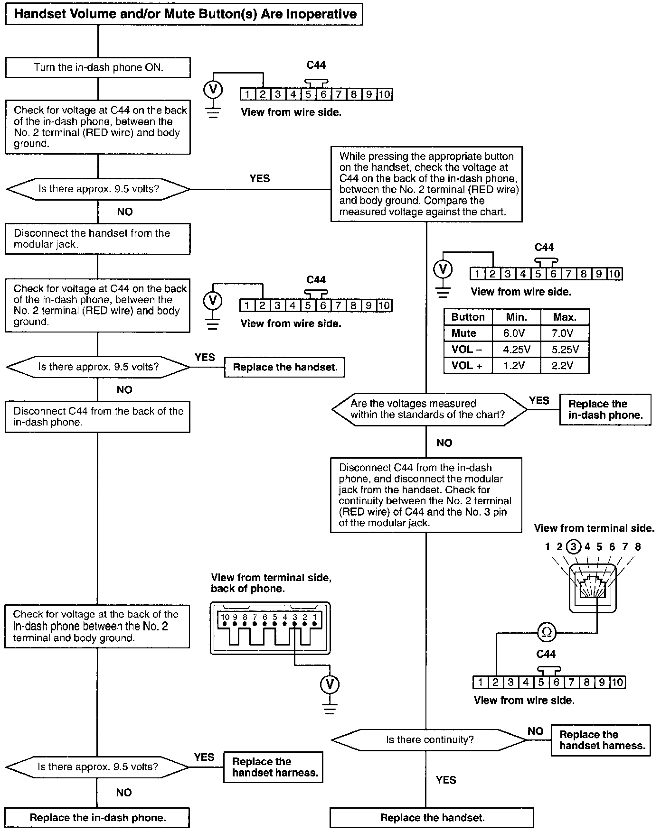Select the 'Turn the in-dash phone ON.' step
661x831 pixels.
tap(98, 67)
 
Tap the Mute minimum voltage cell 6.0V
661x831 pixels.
tap(516, 333)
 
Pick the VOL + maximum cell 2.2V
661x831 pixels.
tap(565, 366)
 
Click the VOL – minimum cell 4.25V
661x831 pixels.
tap(516, 350)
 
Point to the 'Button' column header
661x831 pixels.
tap(468, 317)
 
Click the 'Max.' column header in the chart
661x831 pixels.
tap(565, 317)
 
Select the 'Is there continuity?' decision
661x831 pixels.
tap(429, 740)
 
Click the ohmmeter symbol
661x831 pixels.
tap(547, 632)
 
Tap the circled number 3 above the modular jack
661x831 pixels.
tap(574, 547)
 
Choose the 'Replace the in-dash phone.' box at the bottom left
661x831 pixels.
tap(97, 818)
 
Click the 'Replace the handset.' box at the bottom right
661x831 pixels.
tap(432, 818)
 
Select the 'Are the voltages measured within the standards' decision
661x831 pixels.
tap(429, 409)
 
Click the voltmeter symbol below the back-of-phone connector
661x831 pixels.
tap(330, 684)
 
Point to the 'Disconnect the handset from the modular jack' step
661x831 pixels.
tap(97, 239)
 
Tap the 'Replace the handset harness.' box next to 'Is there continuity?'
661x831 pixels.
tap(601, 740)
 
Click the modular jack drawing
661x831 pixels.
tap(592, 588)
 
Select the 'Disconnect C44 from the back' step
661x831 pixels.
tap(97, 417)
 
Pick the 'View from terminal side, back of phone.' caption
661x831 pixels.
tap(271, 583)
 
